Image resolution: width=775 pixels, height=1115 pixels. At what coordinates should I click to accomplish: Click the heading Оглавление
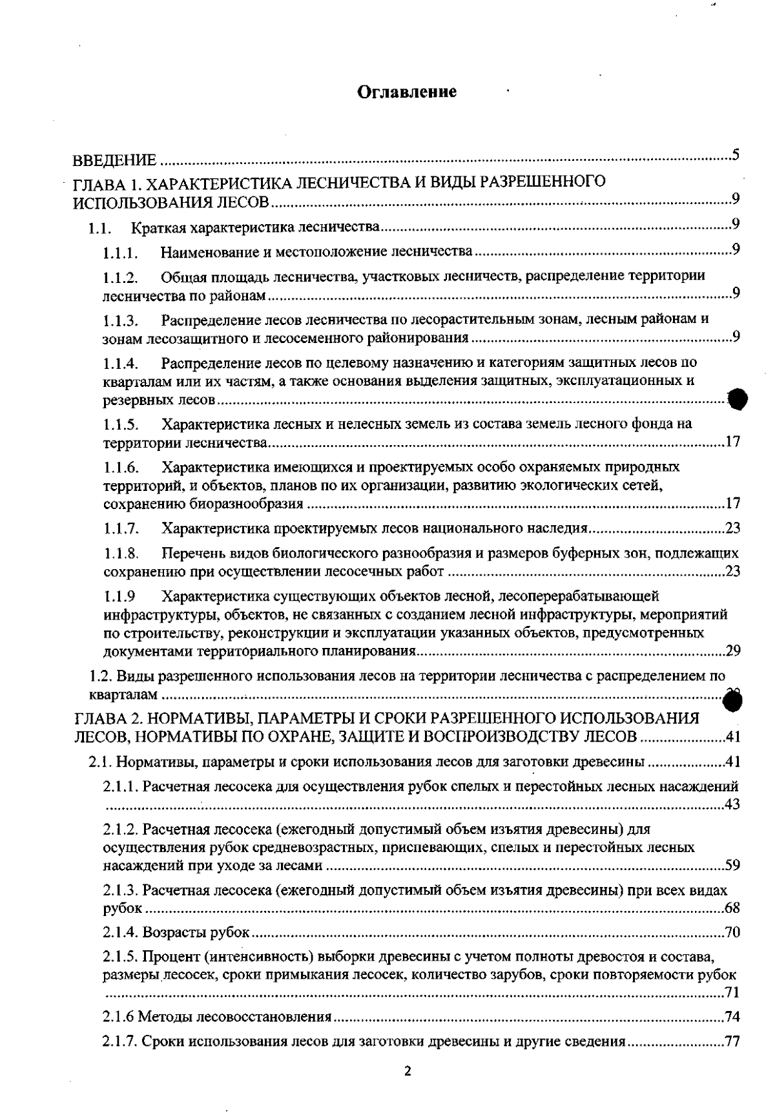[408, 92]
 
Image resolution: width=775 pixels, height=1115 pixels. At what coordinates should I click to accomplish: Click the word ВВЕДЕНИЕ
[114, 160]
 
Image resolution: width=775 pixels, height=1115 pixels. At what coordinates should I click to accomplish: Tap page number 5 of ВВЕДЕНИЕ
[736, 155]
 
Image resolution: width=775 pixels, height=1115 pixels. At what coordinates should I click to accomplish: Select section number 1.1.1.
[121, 252]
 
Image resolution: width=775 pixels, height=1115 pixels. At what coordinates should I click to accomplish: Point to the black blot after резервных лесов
[738, 400]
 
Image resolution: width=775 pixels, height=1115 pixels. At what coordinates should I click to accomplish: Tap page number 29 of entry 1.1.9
[732, 651]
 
